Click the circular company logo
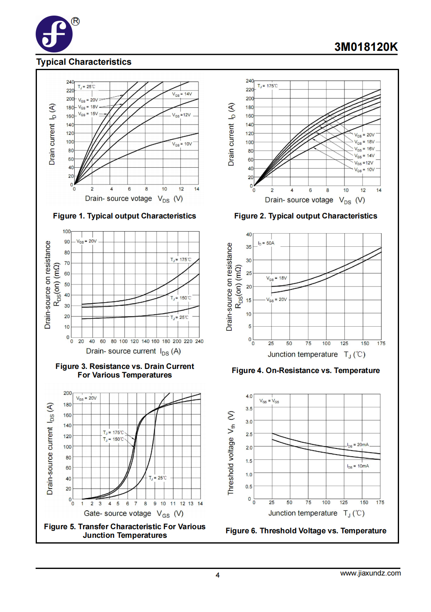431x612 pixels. point(54,34)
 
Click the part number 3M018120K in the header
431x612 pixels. point(366,47)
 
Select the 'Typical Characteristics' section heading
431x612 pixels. point(84,62)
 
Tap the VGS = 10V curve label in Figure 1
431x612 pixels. point(182,144)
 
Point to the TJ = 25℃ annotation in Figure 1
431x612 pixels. point(87,86)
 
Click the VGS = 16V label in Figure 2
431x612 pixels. point(364,149)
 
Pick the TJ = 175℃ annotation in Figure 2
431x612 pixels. point(267,86)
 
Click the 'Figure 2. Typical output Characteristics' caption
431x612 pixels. point(306,216)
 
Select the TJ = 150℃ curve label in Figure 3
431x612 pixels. point(181,298)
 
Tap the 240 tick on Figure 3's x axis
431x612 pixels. point(200,341)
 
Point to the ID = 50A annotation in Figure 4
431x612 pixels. point(266,243)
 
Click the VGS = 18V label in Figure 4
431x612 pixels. point(276,278)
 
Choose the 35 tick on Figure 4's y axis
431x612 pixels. point(249,247)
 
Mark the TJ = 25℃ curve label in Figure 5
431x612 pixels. point(158,478)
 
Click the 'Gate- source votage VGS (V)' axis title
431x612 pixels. point(134,513)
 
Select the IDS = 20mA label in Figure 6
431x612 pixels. point(358,445)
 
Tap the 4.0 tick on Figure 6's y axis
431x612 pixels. point(249,396)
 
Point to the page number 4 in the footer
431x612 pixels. point(217,575)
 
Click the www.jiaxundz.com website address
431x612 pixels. point(370,573)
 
